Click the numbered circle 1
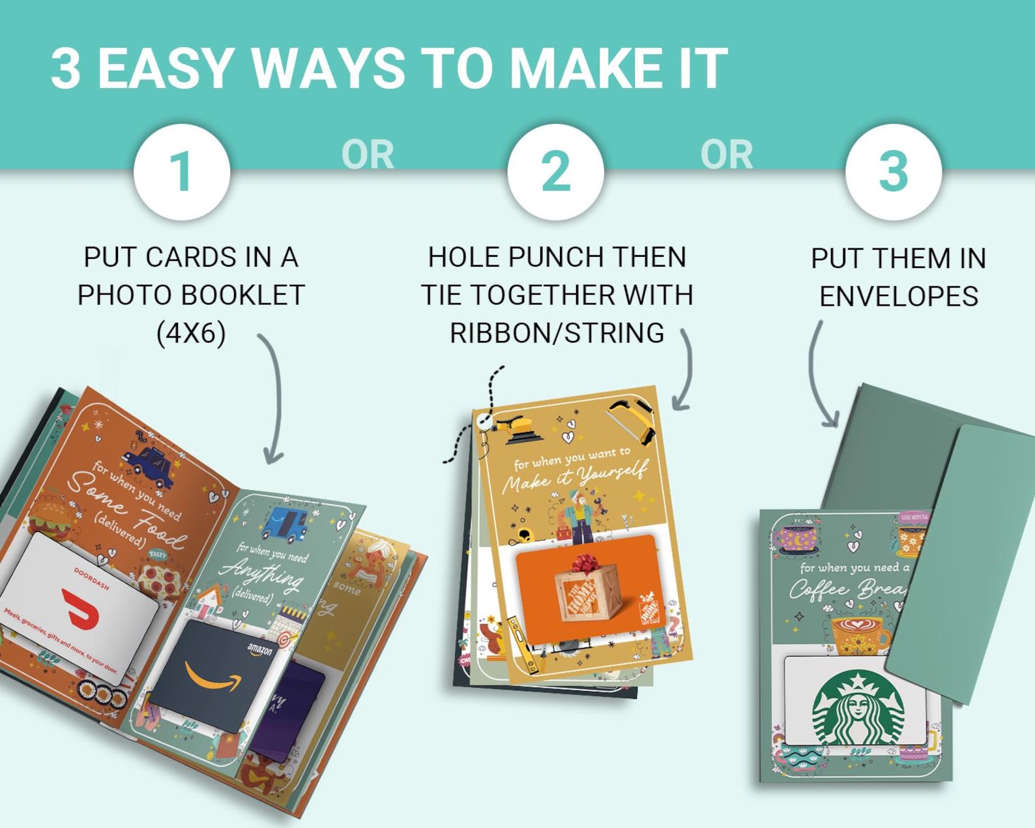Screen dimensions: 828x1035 [x=182, y=171]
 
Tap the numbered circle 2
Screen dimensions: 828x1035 [x=556, y=171]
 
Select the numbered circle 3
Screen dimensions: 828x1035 [x=894, y=171]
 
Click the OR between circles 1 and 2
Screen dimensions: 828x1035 [x=368, y=155]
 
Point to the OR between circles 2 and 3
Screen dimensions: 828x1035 [x=727, y=155]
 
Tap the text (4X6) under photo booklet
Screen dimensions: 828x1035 [x=191, y=333]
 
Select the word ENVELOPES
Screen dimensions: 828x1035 [x=898, y=297]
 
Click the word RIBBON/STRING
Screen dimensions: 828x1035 [x=557, y=333]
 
